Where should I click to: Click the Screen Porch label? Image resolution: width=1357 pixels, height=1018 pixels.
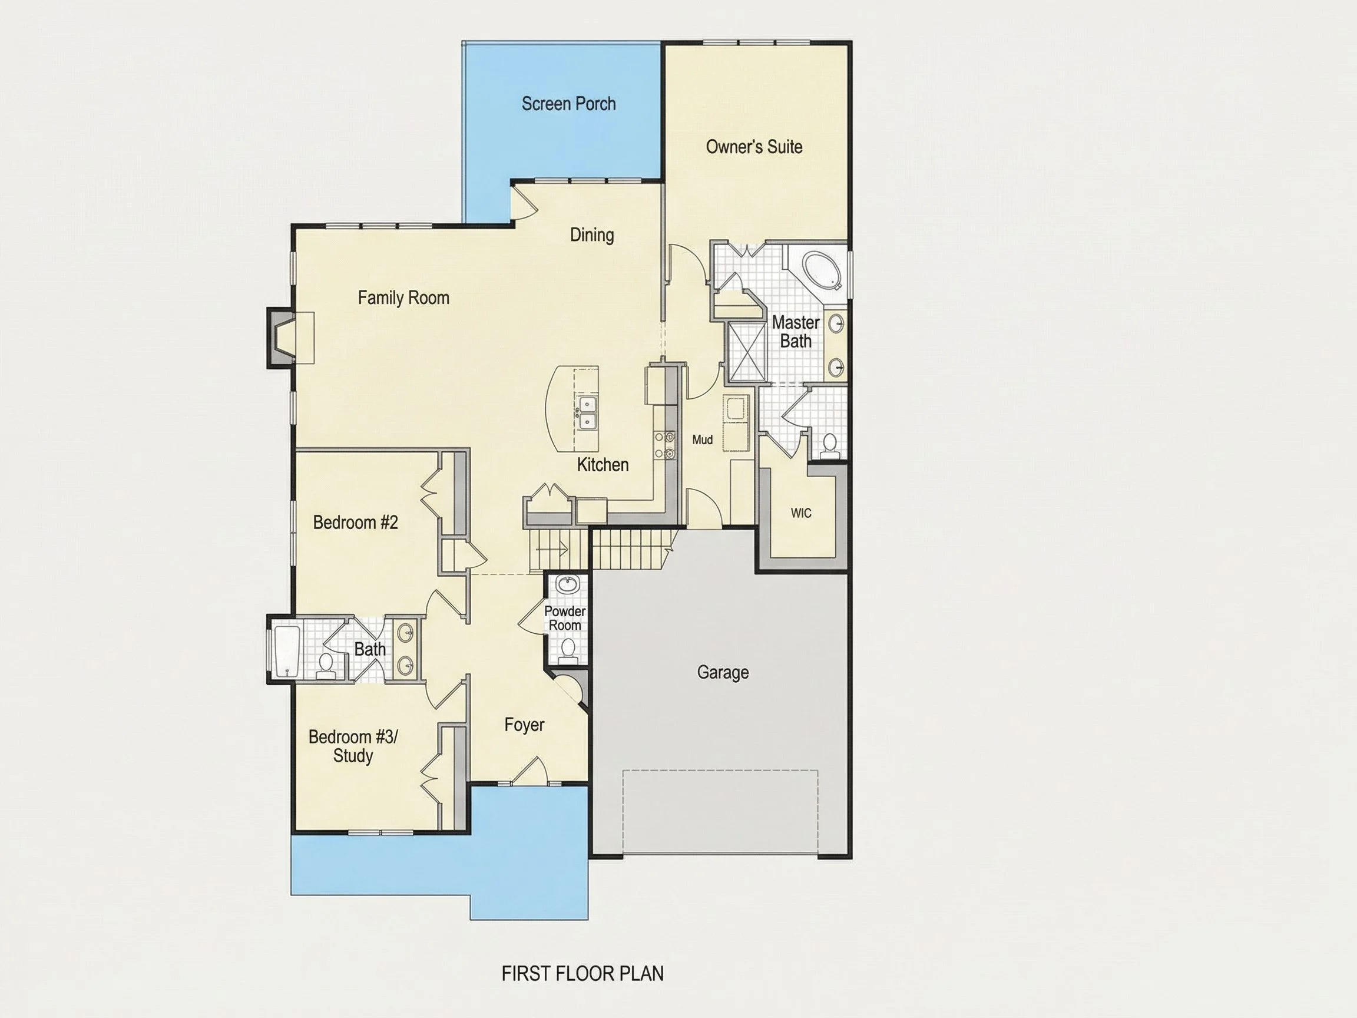pos(569,104)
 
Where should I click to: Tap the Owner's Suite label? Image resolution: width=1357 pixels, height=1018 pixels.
pos(754,147)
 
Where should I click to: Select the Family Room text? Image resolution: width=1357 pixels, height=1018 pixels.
pos(403,298)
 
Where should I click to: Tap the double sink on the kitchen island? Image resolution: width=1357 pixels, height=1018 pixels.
pos(587,413)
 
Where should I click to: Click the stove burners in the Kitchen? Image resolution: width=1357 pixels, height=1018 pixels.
pos(664,445)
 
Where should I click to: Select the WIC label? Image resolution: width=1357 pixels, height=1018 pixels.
pos(800,513)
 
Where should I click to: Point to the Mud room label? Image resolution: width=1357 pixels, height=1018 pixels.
pos(703,439)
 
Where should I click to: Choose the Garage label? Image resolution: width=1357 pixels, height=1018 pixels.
pos(723,673)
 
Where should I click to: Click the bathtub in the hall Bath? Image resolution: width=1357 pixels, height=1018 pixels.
pos(287,652)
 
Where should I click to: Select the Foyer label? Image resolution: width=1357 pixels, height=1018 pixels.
pos(525,725)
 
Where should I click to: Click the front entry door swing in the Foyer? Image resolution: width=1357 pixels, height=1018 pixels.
pos(529,771)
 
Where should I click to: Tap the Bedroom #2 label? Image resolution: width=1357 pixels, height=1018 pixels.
pos(355,522)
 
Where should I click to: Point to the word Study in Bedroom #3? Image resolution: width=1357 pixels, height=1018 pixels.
pos(353,755)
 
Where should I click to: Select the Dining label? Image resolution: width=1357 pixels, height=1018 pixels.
pos(592,235)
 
